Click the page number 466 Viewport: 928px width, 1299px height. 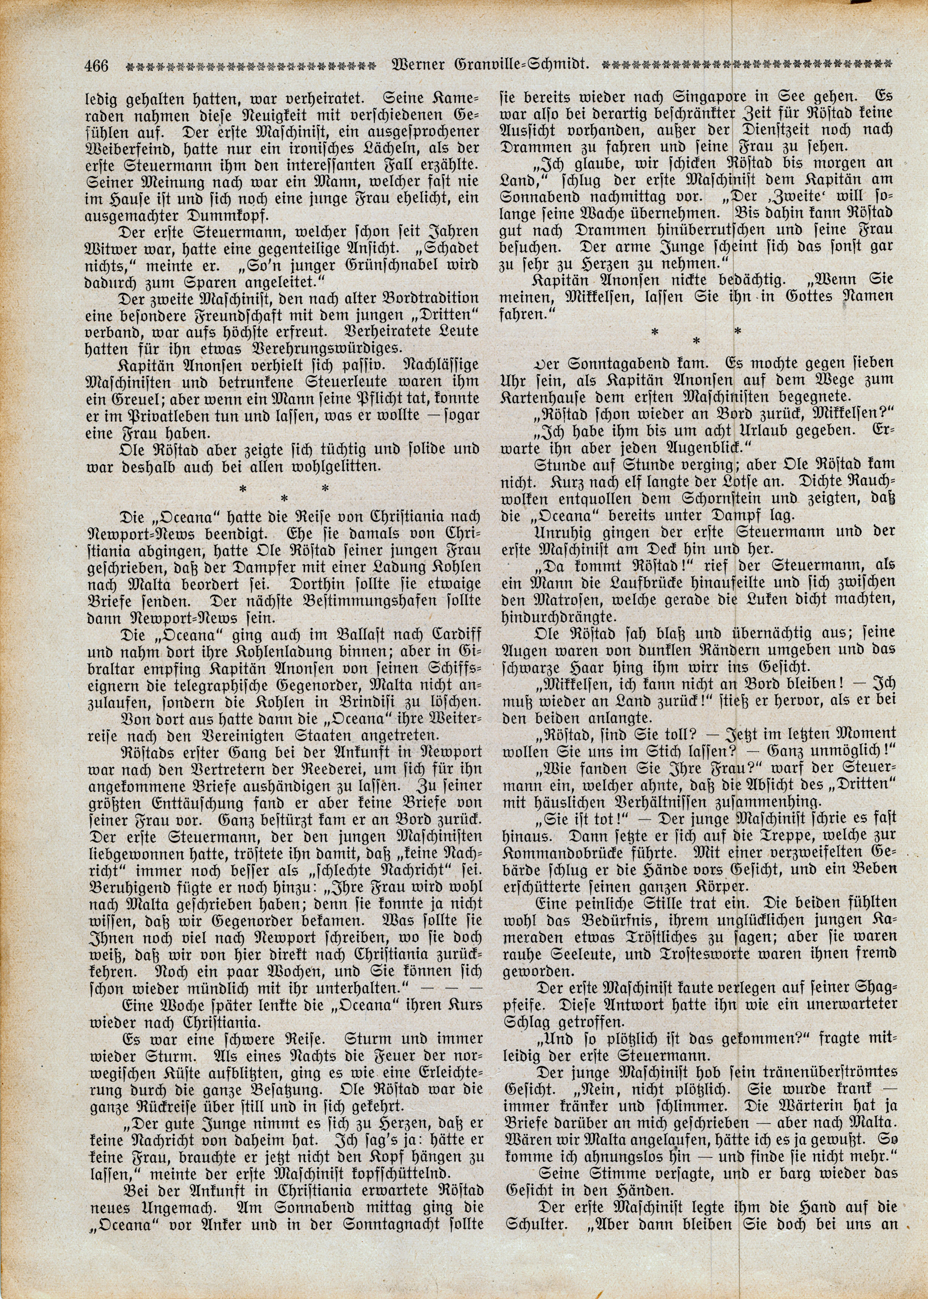(x=96, y=66)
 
